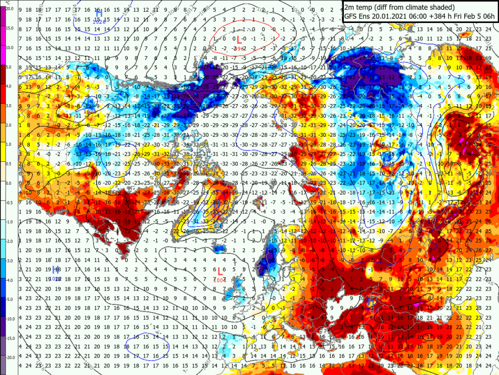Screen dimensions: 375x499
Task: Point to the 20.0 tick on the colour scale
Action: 10,9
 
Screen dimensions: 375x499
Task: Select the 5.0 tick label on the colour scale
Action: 10,67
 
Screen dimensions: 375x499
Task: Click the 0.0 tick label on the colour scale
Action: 10,183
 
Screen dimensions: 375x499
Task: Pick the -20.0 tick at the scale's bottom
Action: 10,357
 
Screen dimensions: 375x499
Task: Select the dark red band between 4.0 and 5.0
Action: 3,77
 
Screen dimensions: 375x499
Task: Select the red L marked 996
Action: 239,40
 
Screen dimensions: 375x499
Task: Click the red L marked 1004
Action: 220,271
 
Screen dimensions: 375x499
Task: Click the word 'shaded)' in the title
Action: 441,7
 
